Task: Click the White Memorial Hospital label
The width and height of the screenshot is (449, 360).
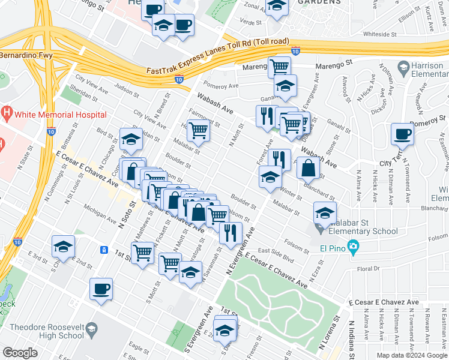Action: point(62,114)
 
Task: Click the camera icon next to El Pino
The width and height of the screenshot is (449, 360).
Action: point(354,246)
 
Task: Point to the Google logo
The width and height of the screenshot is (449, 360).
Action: point(20,353)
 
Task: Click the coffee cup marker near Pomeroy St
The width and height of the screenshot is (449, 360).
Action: point(402,134)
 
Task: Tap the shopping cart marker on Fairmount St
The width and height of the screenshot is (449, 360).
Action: point(198,130)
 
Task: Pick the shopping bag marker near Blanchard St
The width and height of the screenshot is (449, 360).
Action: point(307,167)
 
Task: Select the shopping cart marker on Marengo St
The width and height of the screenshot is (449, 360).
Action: point(279,66)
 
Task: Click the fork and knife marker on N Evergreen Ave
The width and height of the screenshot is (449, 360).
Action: point(231,233)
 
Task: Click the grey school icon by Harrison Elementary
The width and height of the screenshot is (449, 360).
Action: point(403,67)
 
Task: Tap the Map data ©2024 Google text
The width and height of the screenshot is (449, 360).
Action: point(412,355)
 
